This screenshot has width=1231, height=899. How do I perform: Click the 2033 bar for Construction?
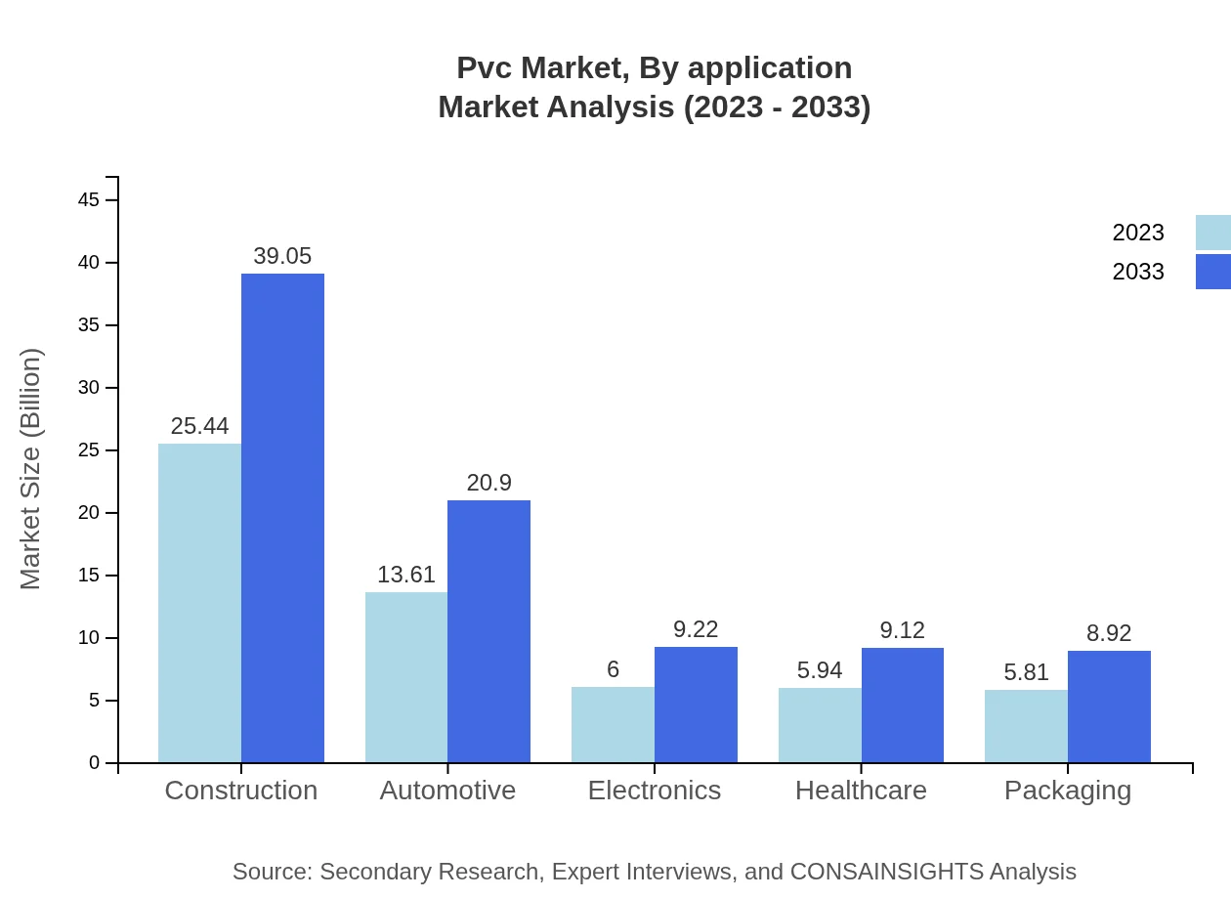pyautogui.click(x=282, y=518)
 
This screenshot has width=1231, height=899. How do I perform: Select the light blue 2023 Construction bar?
pyautogui.click(x=199, y=603)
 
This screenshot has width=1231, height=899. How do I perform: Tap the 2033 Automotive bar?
pyautogui.click(x=488, y=631)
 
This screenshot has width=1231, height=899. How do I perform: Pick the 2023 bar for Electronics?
pyautogui.click(x=613, y=724)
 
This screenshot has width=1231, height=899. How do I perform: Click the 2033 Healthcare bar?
pyautogui.click(x=903, y=705)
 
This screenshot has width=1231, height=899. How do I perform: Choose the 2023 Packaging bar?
pyautogui.click(x=1026, y=726)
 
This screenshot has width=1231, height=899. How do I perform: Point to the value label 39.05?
pyautogui.click(x=282, y=256)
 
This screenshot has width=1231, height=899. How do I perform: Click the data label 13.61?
pyautogui.click(x=406, y=575)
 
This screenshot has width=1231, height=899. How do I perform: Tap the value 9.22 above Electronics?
pyautogui.click(x=696, y=629)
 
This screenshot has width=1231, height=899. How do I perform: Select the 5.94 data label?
pyautogui.click(x=820, y=670)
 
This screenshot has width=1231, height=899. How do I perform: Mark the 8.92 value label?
pyautogui.click(x=1109, y=633)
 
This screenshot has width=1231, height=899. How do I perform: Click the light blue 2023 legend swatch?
pyautogui.click(x=1212, y=233)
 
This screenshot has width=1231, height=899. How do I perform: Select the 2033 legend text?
pyautogui.click(x=1138, y=272)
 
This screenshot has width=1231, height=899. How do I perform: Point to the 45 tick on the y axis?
pyautogui.click(x=88, y=200)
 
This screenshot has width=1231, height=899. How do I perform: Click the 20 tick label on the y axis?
pyautogui.click(x=88, y=513)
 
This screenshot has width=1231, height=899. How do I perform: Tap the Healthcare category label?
pyautogui.click(x=861, y=791)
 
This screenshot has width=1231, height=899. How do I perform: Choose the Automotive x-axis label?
pyautogui.click(x=447, y=791)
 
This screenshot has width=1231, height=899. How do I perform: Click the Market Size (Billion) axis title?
pyautogui.click(x=31, y=469)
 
